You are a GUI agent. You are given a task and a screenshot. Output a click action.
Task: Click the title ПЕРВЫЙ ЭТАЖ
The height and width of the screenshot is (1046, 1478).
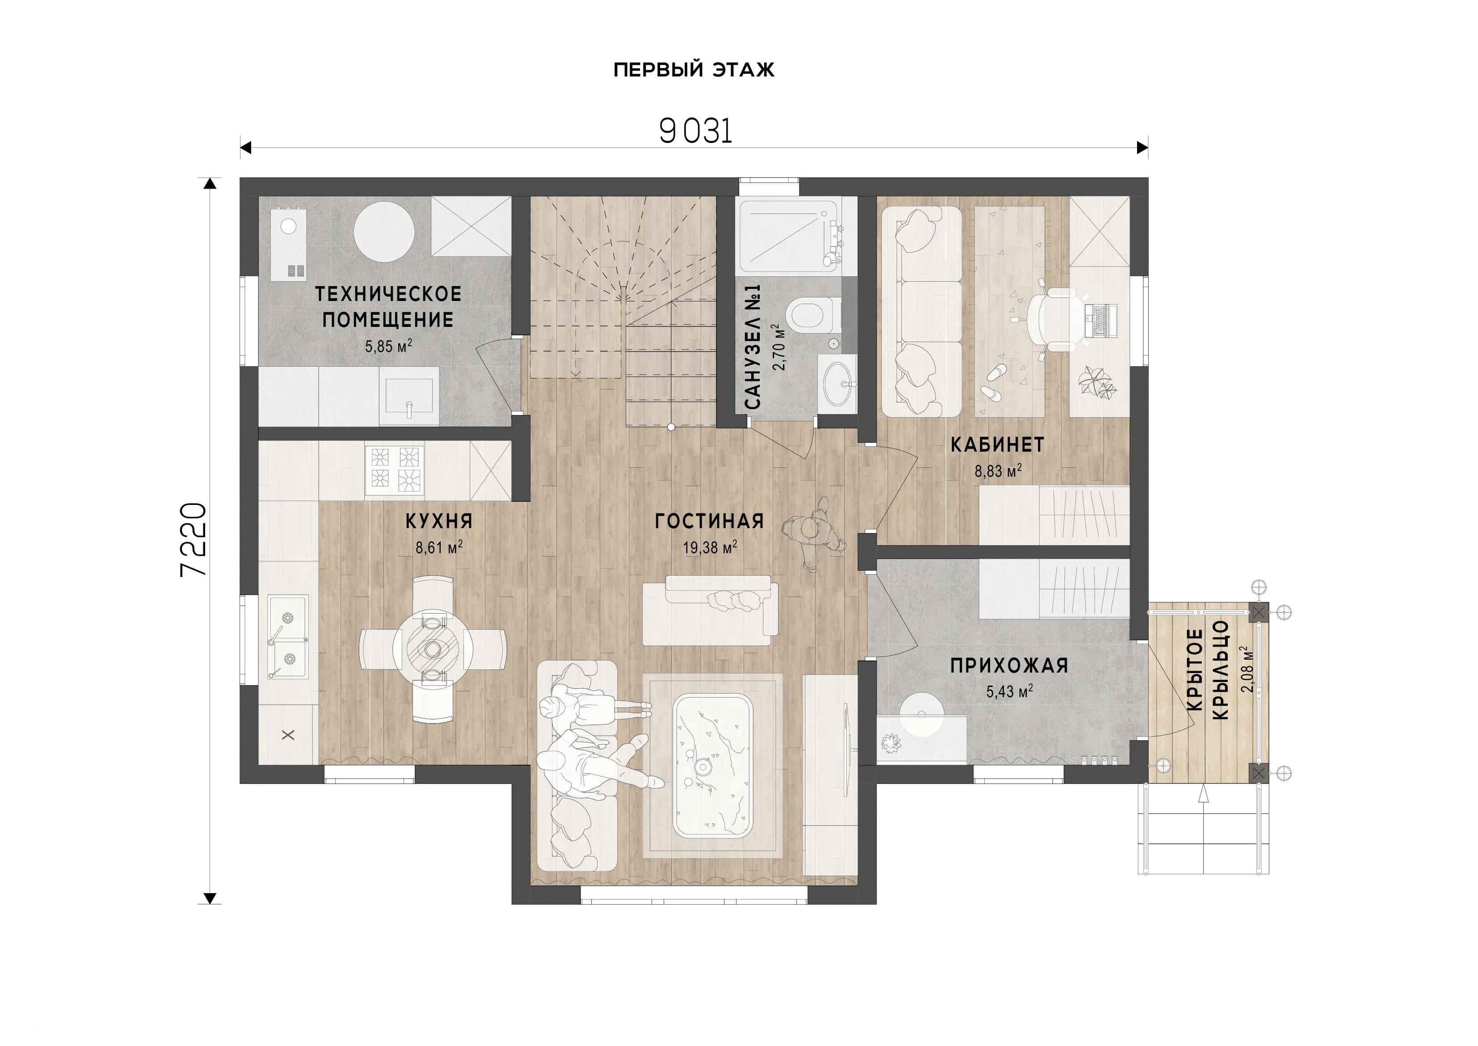click(x=694, y=70)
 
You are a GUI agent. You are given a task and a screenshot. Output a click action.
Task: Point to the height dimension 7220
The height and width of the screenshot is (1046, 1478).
click(x=193, y=540)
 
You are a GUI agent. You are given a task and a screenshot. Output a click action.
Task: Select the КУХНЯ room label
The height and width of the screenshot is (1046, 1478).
click(x=439, y=521)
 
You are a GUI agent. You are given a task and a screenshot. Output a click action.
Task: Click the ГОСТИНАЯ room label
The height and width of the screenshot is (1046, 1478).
click(x=709, y=521)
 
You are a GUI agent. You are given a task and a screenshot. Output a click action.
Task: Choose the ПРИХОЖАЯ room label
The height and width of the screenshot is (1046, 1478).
click(x=1009, y=665)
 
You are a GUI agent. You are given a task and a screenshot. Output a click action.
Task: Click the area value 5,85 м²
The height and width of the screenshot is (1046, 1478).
click(x=388, y=346)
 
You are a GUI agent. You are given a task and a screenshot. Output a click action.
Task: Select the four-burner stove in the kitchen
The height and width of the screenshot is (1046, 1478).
click(x=394, y=470)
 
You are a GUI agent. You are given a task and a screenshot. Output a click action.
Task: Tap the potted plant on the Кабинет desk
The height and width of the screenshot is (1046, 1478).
click(x=1098, y=383)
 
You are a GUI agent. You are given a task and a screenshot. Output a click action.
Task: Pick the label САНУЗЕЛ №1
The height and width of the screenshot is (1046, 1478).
click(x=753, y=347)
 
